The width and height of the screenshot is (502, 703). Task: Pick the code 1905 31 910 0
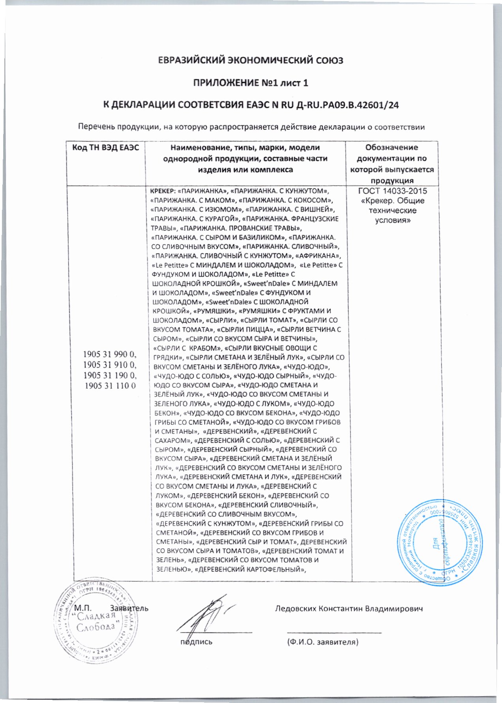coord(109,367)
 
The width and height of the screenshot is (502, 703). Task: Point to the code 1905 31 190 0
coord(109,376)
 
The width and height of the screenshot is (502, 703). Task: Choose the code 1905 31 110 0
coord(109,385)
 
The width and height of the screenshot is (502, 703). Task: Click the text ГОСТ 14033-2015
coord(392,191)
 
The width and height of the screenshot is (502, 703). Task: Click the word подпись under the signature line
coord(196,642)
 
